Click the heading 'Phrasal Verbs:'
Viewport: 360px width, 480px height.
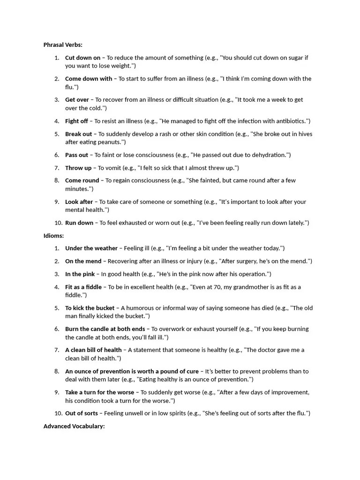click(x=63, y=45)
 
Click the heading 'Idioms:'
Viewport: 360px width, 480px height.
click(x=53, y=236)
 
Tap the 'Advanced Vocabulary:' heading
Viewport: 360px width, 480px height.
click(x=74, y=426)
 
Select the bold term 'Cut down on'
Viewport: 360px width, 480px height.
click(x=82, y=58)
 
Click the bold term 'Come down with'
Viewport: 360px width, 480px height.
click(x=89, y=79)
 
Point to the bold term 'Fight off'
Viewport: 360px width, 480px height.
click(x=76, y=121)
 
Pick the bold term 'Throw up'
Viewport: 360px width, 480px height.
click(x=78, y=168)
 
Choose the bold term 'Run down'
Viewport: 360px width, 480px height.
click(x=79, y=223)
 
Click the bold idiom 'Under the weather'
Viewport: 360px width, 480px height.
click(x=91, y=248)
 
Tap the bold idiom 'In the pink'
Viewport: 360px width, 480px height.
click(x=80, y=274)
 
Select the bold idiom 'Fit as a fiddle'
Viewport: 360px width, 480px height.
click(x=83, y=287)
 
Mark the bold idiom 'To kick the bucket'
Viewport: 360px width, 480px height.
click(x=90, y=308)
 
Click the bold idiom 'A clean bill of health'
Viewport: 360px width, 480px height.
click(x=93, y=350)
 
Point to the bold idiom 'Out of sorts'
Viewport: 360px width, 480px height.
click(x=82, y=413)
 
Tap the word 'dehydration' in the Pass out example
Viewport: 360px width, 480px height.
click(x=267, y=155)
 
